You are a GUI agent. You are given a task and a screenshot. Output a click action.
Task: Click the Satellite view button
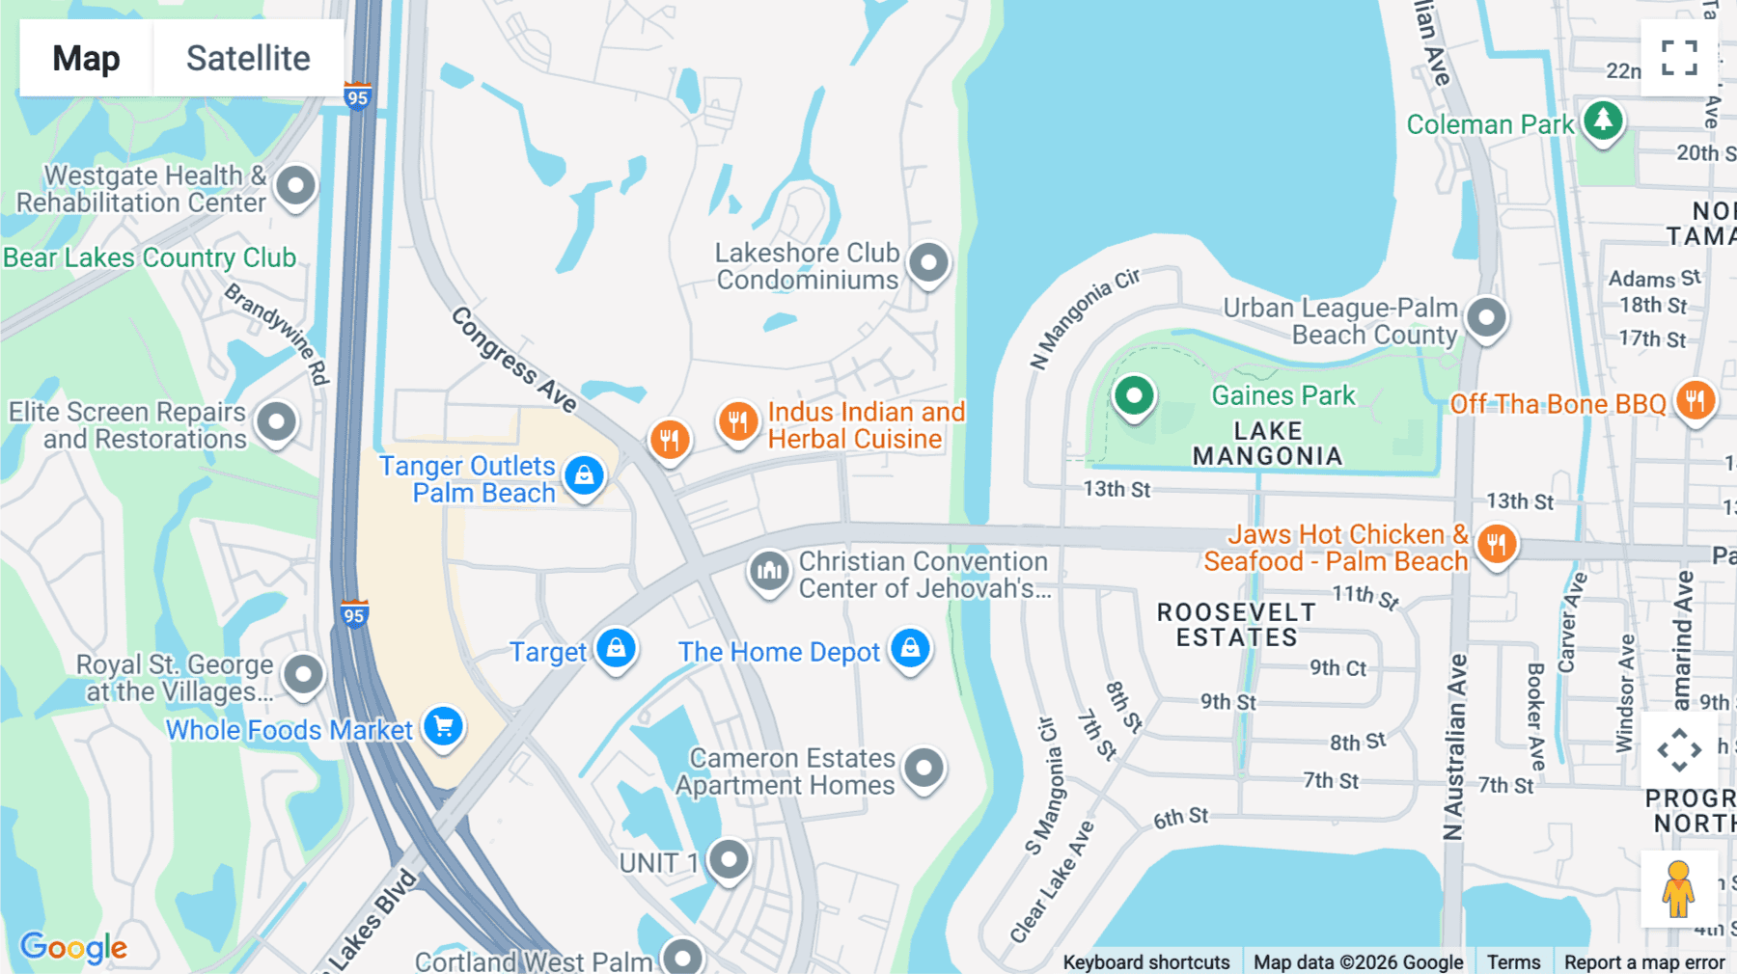[x=248, y=58]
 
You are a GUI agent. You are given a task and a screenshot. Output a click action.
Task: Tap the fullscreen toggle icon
[x=1679, y=58]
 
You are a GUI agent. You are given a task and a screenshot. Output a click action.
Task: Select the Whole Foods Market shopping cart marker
[x=444, y=725]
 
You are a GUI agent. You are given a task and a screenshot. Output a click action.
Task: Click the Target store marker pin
[x=617, y=648]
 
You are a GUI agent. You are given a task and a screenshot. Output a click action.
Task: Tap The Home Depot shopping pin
[x=910, y=648]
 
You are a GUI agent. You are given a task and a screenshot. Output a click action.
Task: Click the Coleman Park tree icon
[x=1603, y=121]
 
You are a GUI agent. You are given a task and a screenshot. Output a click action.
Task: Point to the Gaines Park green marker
[x=1134, y=395]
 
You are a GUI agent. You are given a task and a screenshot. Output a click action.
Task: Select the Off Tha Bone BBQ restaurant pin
[x=1696, y=399]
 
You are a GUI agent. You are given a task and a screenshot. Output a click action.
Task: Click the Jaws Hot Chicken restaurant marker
[x=1496, y=544]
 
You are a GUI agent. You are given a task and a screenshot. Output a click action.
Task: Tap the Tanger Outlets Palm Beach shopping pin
[x=584, y=474]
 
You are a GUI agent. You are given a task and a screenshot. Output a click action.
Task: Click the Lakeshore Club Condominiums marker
[x=929, y=261]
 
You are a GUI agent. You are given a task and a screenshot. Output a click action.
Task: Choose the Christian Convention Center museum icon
[x=769, y=571]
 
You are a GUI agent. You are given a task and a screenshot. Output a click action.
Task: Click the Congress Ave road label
[x=513, y=360]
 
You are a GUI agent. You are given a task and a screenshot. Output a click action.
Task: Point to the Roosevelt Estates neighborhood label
[x=1236, y=625]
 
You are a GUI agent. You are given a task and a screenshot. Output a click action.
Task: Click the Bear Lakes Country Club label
[x=150, y=257]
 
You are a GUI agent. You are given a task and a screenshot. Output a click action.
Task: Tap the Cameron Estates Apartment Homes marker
[x=924, y=768]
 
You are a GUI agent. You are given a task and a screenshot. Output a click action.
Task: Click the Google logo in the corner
[x=73, y=947]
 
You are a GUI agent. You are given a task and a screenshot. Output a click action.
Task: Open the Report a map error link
[x=1643, y=961]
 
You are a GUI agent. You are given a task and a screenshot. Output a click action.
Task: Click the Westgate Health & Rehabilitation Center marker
[x=295, y=184]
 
